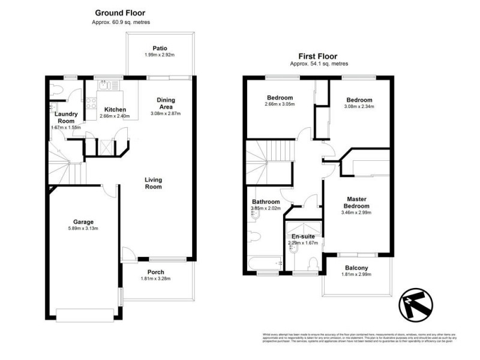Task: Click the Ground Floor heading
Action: (120, 13)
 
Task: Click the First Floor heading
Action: (319, 54)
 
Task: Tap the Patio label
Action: (159, 48)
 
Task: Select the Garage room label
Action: (83, 221)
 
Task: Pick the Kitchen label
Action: (115, 109)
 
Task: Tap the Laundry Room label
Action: (65, 117)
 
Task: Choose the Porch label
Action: (155, 272)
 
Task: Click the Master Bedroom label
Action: (357, 202)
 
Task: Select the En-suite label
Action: (303, 236)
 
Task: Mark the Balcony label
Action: (357, 268)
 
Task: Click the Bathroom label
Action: (265, 202)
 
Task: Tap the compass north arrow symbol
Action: (416, 304)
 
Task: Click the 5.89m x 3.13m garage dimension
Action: (83, 229)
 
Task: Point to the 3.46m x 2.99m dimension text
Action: (357, 212)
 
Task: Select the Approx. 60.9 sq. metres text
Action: (120, 22)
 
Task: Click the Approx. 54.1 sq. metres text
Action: (319, 63)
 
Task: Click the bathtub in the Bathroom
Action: (265, 262)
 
